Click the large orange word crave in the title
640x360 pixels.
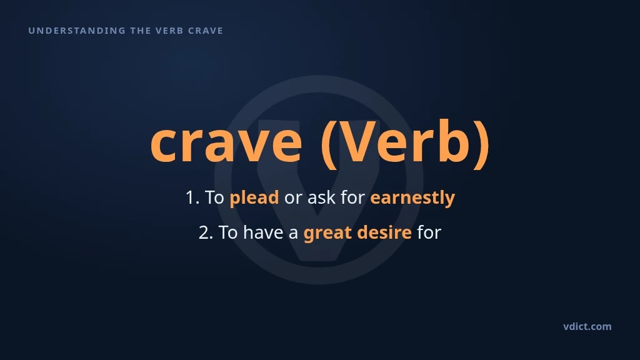226,143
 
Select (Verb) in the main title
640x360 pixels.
405,144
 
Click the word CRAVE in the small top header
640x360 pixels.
206,31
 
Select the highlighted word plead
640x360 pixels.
254,198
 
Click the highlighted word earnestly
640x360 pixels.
412,198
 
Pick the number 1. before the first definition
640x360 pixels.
192,197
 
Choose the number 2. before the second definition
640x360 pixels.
206,232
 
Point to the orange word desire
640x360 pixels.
384,232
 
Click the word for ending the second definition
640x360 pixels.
429,232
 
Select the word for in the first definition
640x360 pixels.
352,197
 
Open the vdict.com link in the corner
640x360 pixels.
587,326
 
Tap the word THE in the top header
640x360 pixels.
141,31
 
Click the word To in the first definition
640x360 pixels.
214,197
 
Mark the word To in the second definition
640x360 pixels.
228,232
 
